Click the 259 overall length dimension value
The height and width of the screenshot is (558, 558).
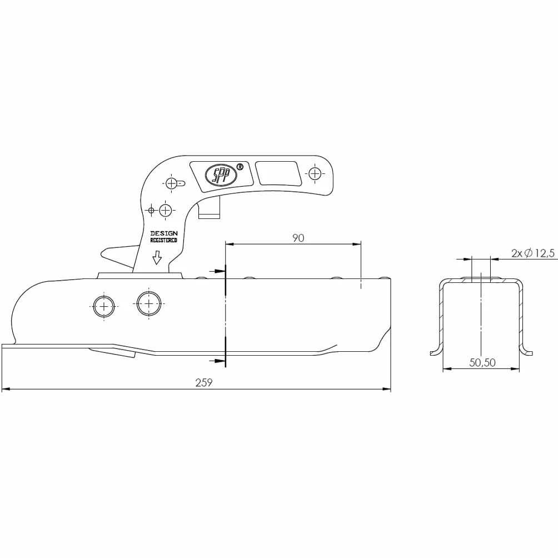(x=203, y=382)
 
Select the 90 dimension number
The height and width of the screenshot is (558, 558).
(x=298, y=238)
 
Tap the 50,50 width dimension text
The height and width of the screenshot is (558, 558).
(x=482, y=362)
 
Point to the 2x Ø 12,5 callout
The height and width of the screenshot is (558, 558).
(x=533, y=253)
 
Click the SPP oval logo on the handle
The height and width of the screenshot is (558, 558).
(x=221, y=175)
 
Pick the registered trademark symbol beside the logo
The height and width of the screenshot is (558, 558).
(x=240, y=167)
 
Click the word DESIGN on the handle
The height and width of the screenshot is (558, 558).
(x=164, y=233)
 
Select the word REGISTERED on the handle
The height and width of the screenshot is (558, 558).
(x=164, y=241)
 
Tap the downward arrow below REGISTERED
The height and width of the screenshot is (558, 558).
(x=157, y=257)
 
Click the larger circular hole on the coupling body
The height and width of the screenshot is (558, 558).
(x=149, y=303)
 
